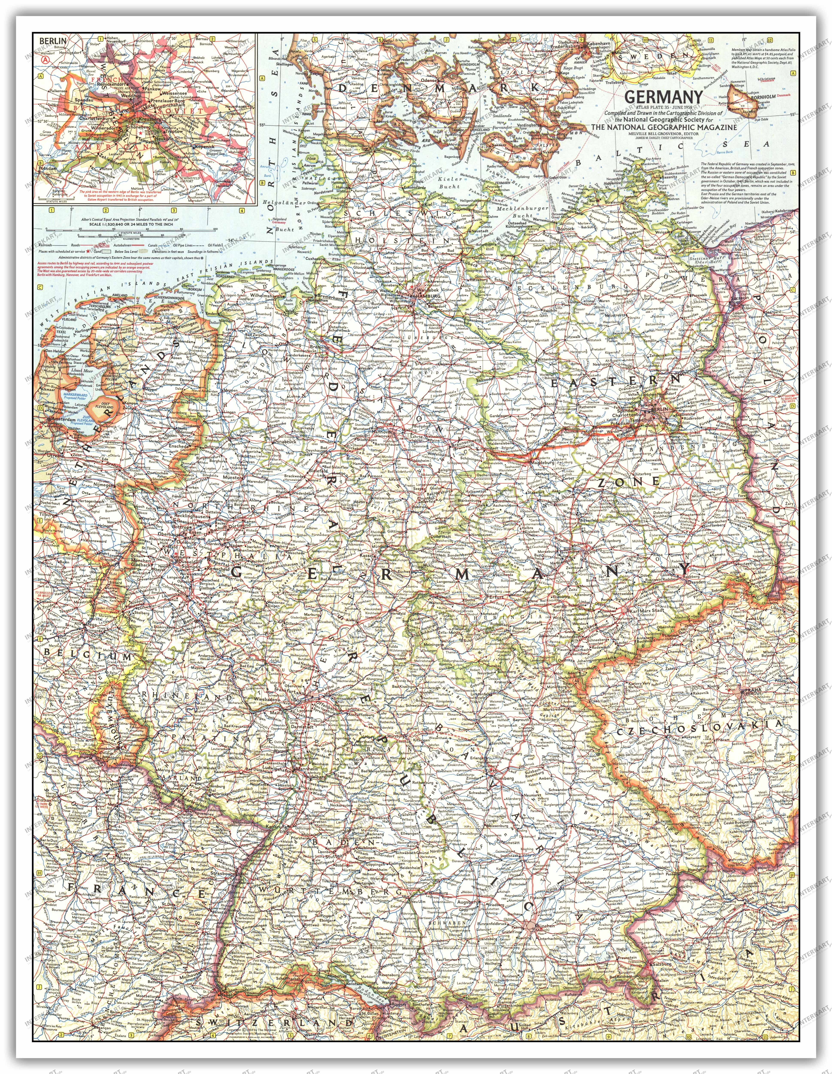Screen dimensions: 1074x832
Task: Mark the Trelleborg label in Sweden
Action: pyautogui.click(x=620, y=82)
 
